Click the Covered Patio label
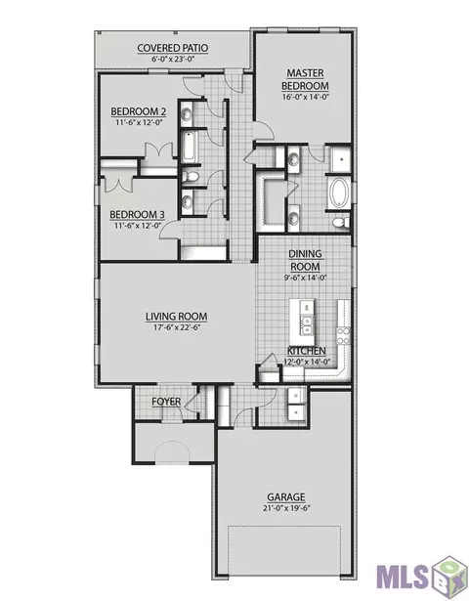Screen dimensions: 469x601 click(x=173, y=48)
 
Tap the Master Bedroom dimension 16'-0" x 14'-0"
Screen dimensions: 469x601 click(x=306, y=97)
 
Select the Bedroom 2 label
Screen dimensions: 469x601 click(x=139, y=111)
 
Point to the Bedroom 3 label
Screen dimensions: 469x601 click(x=137, y=214)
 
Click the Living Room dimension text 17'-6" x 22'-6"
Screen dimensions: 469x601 click(x=176, y=327)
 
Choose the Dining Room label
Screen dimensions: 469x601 click(x=305, y=260)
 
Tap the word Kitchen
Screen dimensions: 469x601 click(x=307, y=351)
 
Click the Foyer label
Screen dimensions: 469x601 click(x=166, y=402)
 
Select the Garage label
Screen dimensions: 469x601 click(x=286, y=497)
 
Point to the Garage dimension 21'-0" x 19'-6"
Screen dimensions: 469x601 click(x=286, y=508)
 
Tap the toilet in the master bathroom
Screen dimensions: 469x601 click(x=341, y=222)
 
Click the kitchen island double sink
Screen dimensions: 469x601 click(x=306, y=325)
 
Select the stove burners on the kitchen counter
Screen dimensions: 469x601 click(x=343, y=335)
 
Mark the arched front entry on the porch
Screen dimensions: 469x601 click(x=172, y=452)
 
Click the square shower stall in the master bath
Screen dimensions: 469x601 click(x=339, y=159)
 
